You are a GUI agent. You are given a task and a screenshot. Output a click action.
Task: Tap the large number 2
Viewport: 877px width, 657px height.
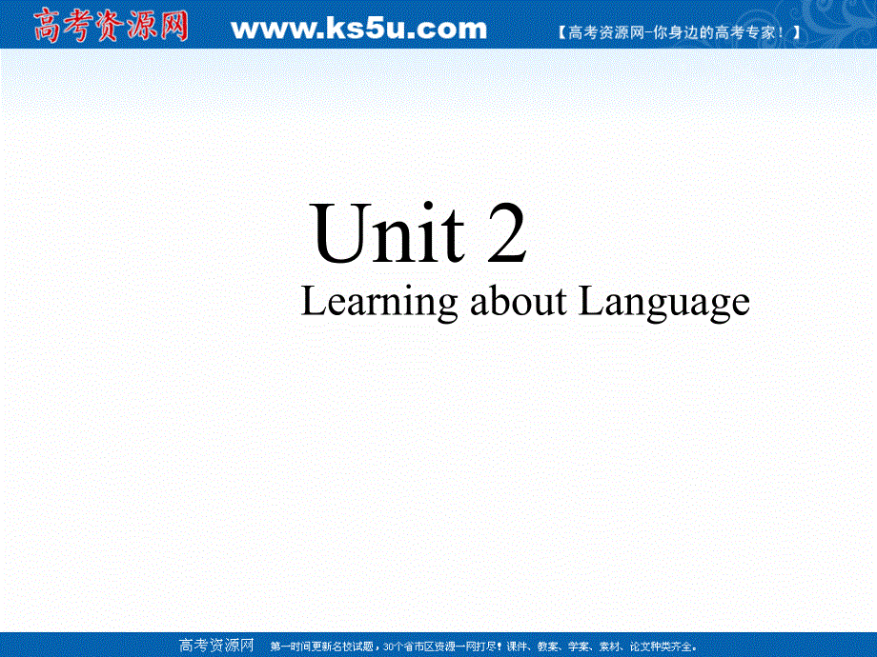506,235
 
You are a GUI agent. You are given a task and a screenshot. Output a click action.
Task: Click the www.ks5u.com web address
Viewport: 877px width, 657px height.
358,30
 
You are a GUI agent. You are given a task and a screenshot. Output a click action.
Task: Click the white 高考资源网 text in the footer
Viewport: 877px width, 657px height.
216,646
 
